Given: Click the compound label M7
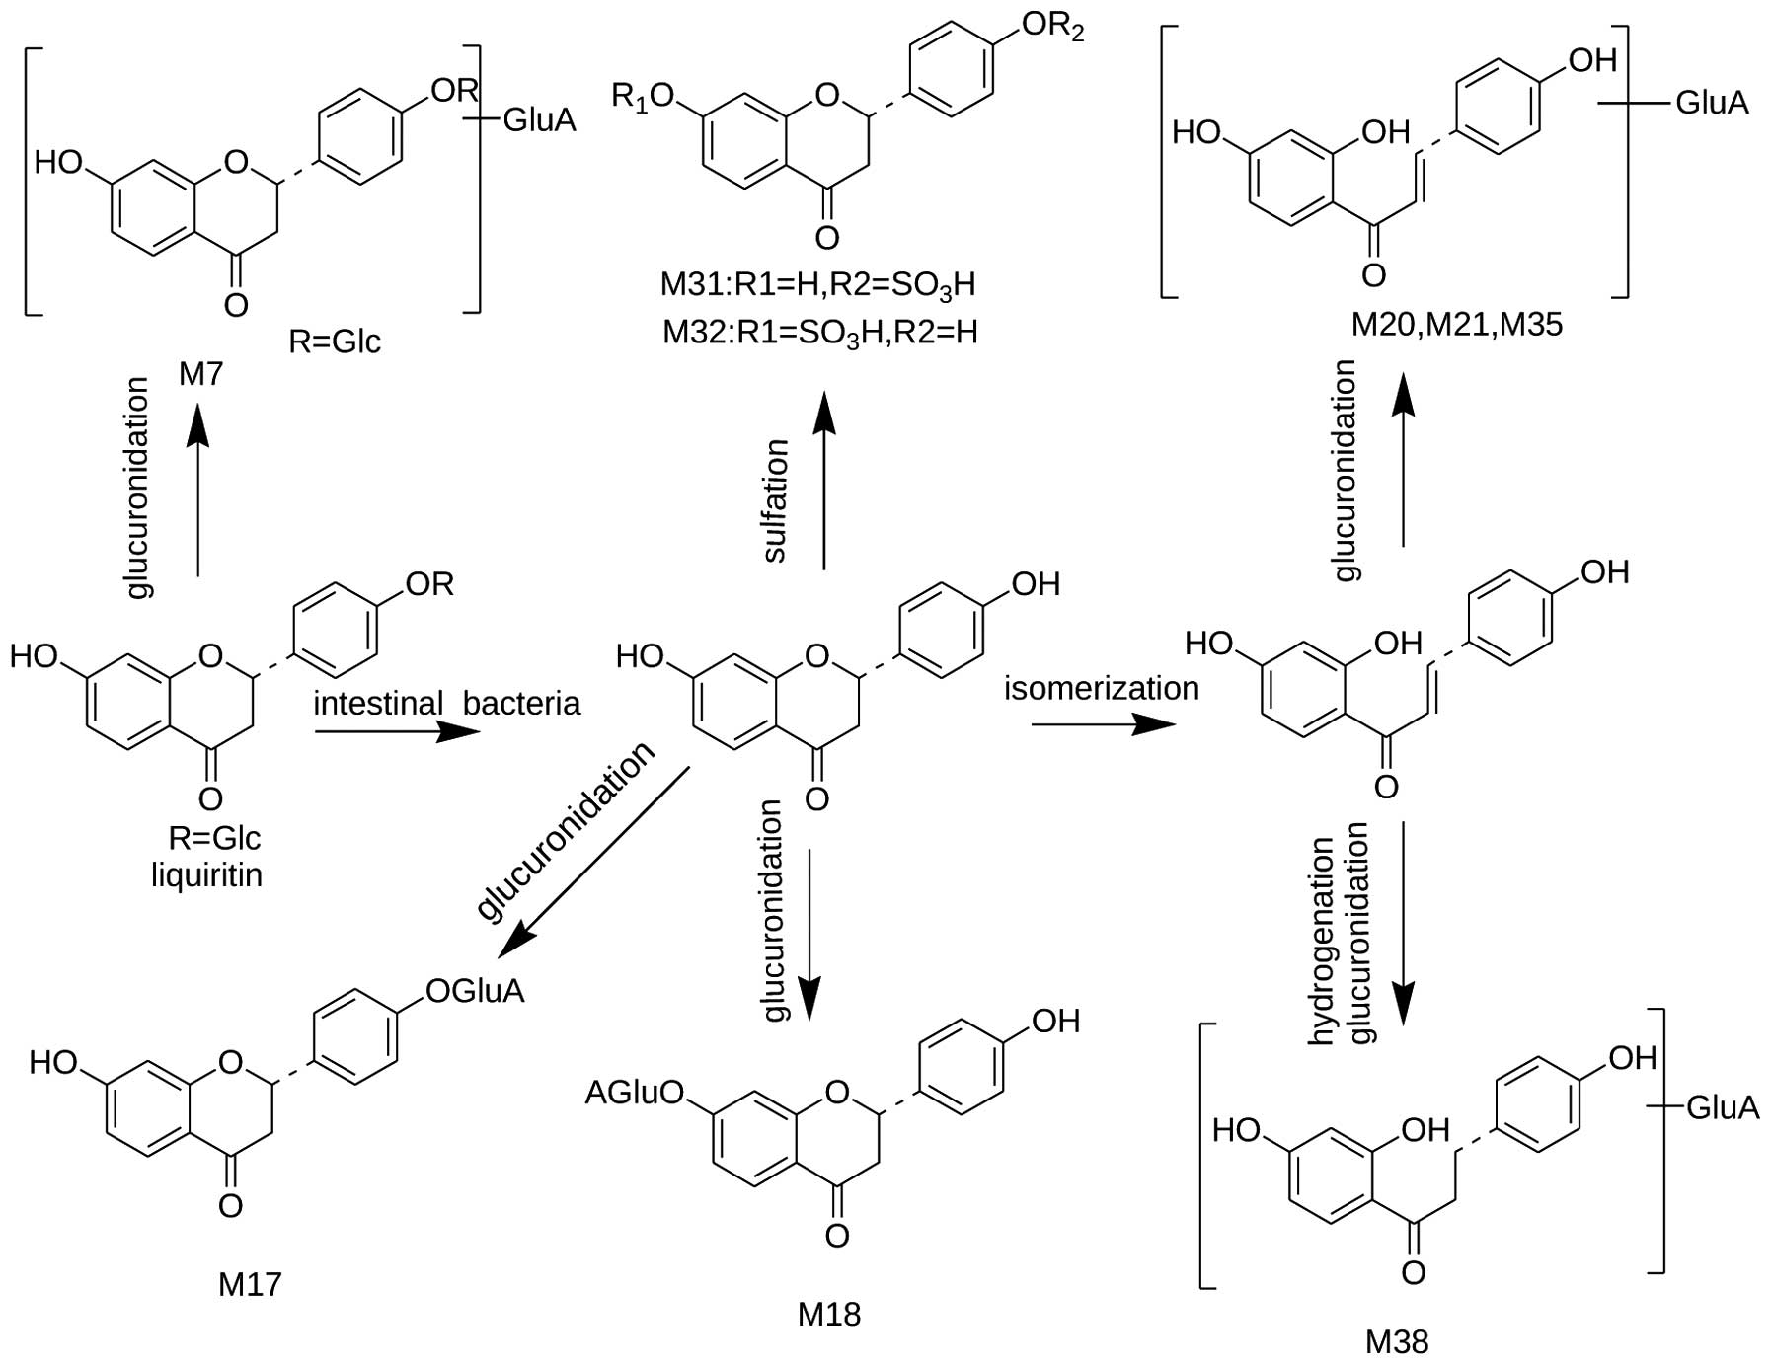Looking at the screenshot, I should pyautogui.click(x=201, y=374).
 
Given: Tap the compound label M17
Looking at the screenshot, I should pyautogui.click(x=250, y=1283).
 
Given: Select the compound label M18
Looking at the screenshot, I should pyautogui.click(x=829, y=1314).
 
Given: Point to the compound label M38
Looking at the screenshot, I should pyautogui.click(x=1397, y=1341).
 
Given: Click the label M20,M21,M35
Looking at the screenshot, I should pyautogui.click(x=1456, y=325).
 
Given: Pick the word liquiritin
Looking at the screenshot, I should pyautogui.click(x=207, y=874).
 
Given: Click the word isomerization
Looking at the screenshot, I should pyautogui.click(x=1102, y=688).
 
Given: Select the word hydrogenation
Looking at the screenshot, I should pyautogui.click(x=1321, y=942).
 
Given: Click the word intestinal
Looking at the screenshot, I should pyautogui.click(x=378, y=704).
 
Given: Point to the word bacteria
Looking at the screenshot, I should pyautogui.click(x=521, y=704).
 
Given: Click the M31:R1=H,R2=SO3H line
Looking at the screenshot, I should pyautogui.click(x=818, y=285).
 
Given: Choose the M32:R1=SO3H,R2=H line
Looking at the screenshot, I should pyautogui.click(x=819, y=333).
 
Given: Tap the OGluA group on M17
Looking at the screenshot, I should pyautogui.click(x=474, y=990).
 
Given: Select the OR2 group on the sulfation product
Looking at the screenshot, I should pyautogui.click(x=1052, y=28).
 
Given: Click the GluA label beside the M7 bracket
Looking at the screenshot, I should pyautogui.click(x=539, y=120).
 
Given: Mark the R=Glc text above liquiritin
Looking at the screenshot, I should pyautogui.click(x=214, y=838).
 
